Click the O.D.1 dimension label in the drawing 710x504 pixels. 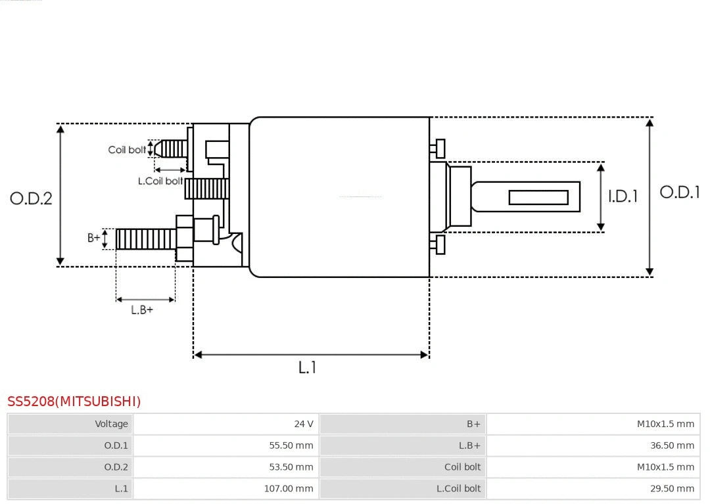pos(679,193)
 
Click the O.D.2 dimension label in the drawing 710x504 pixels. pos(31,198)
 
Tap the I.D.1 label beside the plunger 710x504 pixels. pos(622,196)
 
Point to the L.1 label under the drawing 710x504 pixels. pos(307,368)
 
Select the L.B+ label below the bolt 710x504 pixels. pos(142,310)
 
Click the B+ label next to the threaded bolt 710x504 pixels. pos(94,238)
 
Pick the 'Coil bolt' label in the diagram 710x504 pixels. pos(127,150)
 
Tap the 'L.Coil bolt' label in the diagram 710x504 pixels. pos(160,181)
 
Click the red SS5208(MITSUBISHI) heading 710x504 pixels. pos(74,401)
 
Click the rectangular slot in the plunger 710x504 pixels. pos(538,197)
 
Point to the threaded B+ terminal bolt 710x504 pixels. pos(146,239)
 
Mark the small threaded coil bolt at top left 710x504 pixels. pos(172,149)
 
